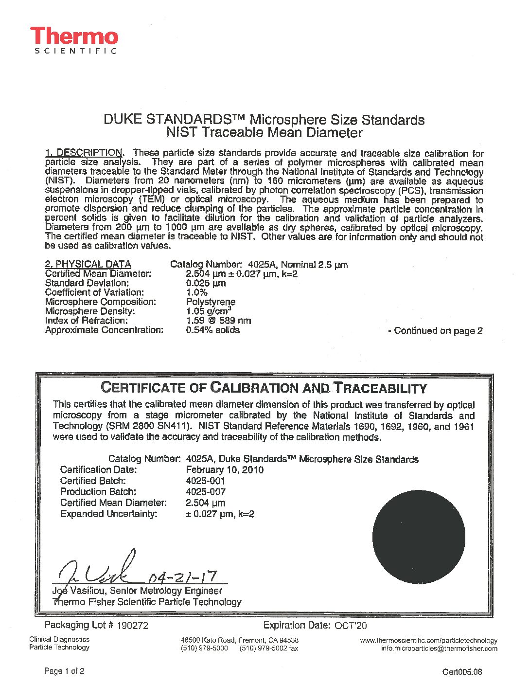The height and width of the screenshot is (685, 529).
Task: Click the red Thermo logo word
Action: coord(74,36)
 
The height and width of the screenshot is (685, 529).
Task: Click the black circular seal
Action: coord(419,537)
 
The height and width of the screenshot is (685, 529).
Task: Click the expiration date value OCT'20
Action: coord(351,626)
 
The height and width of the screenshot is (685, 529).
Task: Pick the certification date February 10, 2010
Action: coord(225,470)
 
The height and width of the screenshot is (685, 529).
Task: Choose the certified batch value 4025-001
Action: coord(206,481)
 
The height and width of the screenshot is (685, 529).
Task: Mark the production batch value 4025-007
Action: coord(206,492)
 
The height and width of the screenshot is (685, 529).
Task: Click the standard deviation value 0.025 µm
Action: coord(206,283)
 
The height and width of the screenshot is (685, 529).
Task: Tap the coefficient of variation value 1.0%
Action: coord(197,292)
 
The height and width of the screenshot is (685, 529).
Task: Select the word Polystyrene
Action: coord(211,302)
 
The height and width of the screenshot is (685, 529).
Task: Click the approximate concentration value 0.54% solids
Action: coord(213,330)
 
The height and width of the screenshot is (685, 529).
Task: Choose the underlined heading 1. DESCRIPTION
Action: coord(84,153)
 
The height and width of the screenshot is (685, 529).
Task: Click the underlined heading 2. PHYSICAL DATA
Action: coord(88,264)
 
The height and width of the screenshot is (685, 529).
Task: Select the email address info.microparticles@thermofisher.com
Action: coord(439,649)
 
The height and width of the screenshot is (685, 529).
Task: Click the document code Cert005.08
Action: coord(462,672)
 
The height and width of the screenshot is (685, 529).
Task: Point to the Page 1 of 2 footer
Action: coord(64,671)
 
